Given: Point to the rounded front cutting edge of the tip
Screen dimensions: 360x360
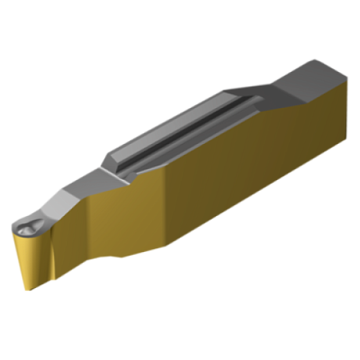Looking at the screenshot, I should click(18, 231).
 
